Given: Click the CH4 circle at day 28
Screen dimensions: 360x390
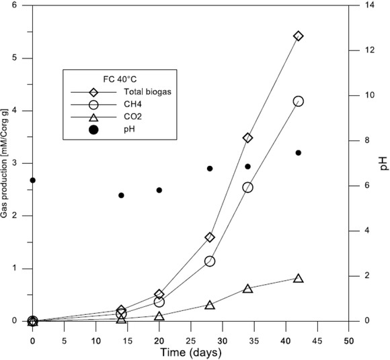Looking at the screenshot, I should (x=210, y=261).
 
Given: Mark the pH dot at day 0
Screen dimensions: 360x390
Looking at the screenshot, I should (x=32, y=180).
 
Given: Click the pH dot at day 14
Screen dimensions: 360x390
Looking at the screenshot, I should (x=121, y=195).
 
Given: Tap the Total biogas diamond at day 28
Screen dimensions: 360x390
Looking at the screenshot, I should (x=210, y=237).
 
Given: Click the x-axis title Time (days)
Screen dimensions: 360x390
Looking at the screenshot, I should (x=190, y=351).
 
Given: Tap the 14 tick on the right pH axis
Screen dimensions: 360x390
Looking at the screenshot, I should (x=363, y=5).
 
